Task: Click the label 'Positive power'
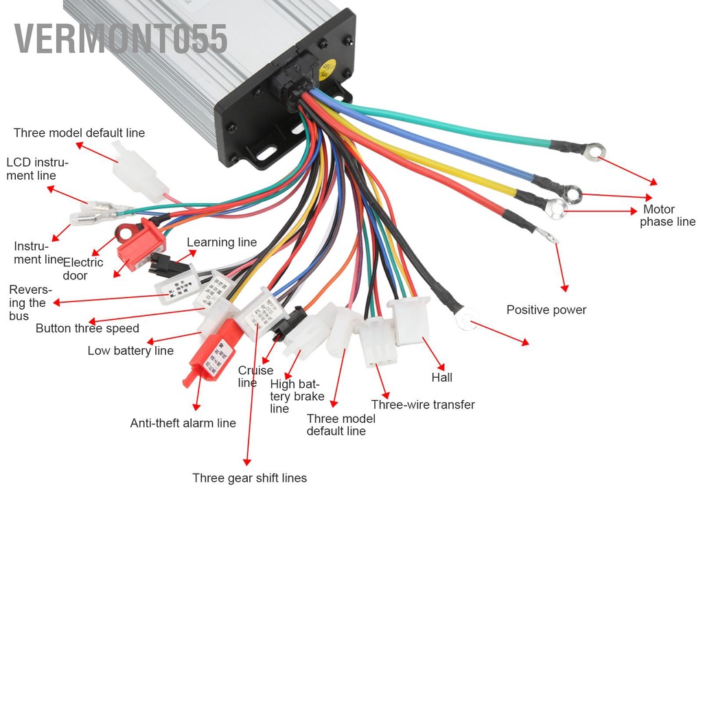click(x=546, y=310)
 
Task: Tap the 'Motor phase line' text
click(x=667, y=216)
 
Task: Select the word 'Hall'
click(x=441, y=378)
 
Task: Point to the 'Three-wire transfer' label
click(x=422, y=405)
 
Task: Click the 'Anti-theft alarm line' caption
click(x=183, y=424)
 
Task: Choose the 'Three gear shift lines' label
click(x=249, y=478)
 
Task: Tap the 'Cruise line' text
click(x=255, y=376)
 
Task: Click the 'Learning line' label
click(x=222, y=242)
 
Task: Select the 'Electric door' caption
click(x=82, y=268)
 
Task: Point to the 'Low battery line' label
click(x=130, y=351)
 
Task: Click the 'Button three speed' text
click(x=87, y=328)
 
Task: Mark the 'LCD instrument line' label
click(x=37, y=169)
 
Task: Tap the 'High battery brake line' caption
click(x=296, y=396)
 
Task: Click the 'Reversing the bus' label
click(x=30, y=303)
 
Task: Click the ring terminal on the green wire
click(x=594, y=149)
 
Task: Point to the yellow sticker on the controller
click(x=328, y=69)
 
